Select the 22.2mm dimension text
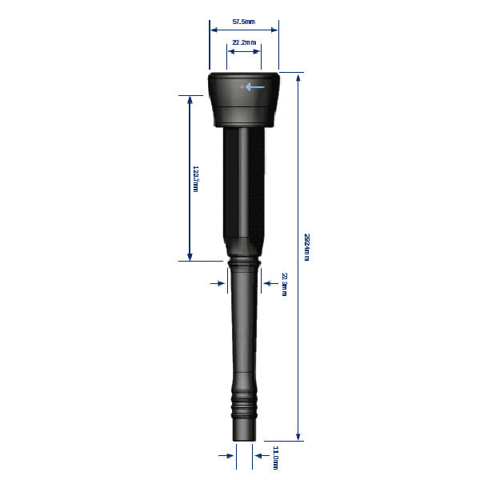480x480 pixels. coord(244,42)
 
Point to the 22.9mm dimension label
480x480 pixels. coord(284,284)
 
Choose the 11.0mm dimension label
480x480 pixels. coord(276,456)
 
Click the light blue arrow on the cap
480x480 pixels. coord(255,86)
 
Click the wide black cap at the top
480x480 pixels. coord(244,100)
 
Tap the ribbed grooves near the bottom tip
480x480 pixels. coord(244,403)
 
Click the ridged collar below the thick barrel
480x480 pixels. coord(243,265)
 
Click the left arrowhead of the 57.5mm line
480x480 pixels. coord(213,30)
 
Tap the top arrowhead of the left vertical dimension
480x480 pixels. coord(190,99)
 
